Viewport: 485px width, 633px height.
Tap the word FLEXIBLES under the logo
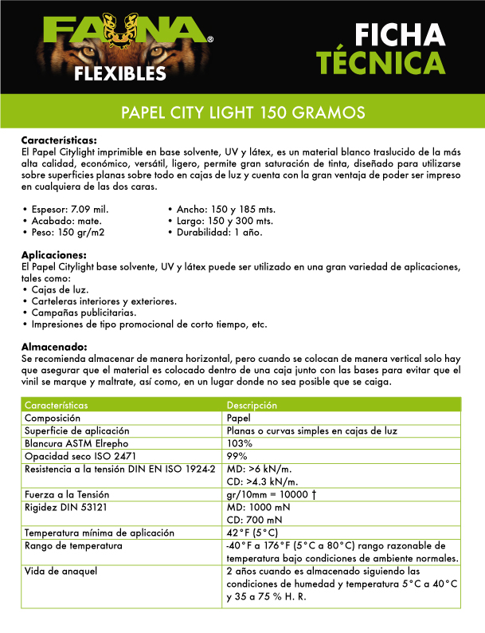(x=120, y=74)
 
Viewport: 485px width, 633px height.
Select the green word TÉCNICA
(x=379, y=62)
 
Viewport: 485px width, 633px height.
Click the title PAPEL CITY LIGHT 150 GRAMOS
(x=242, y=112)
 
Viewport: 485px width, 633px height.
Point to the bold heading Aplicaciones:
(x=53, y=254)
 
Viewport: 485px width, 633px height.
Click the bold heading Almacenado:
(x=53, y=348)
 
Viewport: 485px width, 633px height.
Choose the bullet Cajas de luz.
(x=60, y=290)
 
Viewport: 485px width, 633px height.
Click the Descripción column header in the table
(x=252, y=405)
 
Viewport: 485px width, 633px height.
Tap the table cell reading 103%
(x=239, y=443)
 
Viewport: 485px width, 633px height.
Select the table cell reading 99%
(x=237, y=456)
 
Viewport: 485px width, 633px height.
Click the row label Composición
(x=53, y=418)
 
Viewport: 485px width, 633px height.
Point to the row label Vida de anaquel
(x=61, y=572)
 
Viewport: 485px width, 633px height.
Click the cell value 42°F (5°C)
(x=253, y=533)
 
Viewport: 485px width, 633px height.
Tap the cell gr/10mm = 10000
(x=272, y=494)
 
